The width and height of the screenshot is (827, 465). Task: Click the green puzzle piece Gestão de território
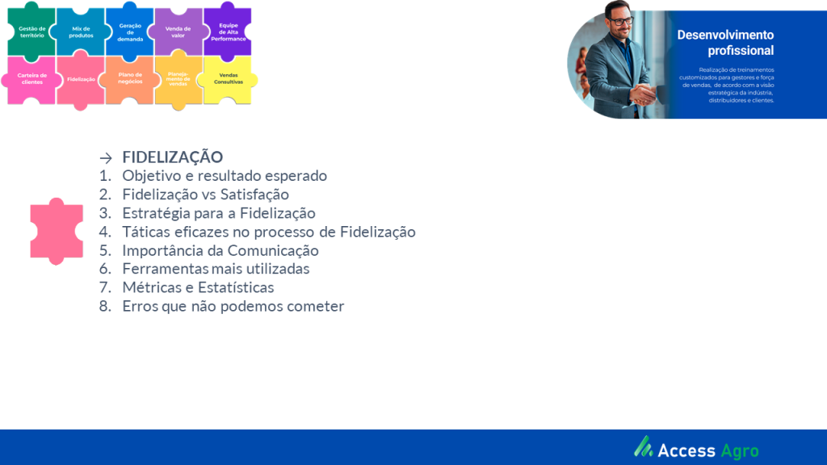[x=31, y=31]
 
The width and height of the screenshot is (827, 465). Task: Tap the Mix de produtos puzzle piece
[x=81, y=31]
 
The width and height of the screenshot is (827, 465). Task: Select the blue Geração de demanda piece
[x=130, y=31]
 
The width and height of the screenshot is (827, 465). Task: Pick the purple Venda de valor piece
[x=178, y=31]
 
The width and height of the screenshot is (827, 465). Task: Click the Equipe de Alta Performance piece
[x=228, y=31]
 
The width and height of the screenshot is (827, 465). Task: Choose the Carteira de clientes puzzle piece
[x=31, y=79]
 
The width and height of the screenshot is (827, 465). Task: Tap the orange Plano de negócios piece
[x=130, y=79]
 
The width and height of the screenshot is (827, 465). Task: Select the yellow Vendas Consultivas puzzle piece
[x=228, y=79]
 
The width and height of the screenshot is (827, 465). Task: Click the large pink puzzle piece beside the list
[x=57, y=232]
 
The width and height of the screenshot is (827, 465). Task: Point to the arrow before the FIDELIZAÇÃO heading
[x=106, y=157]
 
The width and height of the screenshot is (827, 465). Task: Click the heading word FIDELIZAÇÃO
[x=173, y=157]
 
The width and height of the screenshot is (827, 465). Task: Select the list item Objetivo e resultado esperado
[x=225, y=175]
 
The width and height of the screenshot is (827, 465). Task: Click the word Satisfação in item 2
[x=254, y=195]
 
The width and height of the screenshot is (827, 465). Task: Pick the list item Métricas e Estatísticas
[x=199, y=287]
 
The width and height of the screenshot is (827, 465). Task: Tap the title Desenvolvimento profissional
[x=726, y=43]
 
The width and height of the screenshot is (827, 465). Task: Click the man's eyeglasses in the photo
[x=620, y=21]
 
